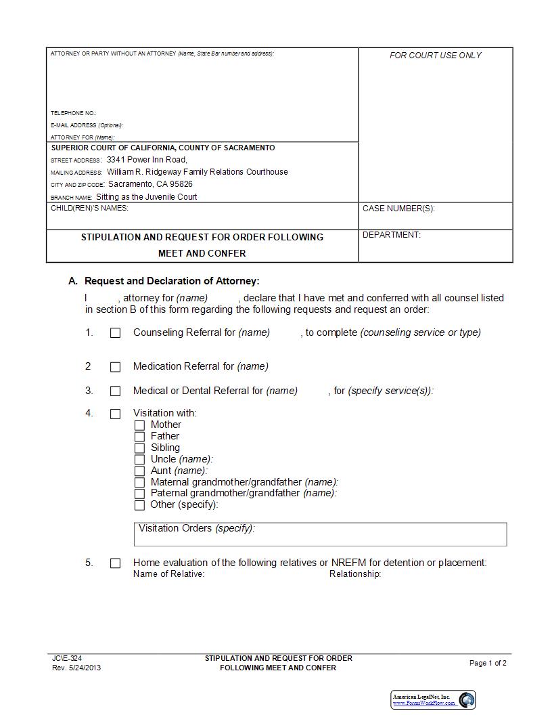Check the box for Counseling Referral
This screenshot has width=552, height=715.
115,333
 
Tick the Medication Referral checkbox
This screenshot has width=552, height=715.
115,367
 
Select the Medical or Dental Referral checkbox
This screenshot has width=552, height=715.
115,391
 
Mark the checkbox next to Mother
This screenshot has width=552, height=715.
139,425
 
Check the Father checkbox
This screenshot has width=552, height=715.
139,437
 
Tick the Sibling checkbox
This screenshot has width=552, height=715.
139,448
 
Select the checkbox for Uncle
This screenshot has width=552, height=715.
139,460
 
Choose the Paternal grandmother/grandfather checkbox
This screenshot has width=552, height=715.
139,494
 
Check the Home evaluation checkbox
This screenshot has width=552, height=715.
115,563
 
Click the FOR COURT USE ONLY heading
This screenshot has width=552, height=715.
435,56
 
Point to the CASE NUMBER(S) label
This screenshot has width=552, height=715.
398,209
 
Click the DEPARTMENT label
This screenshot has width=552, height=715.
391,235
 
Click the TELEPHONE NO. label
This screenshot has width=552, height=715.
73,113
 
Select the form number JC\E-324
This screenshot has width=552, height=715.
67,658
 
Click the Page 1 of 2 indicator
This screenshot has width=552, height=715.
488,663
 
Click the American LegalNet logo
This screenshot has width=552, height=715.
433,700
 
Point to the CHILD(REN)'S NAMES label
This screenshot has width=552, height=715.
89,208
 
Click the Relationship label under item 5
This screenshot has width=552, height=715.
355,574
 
